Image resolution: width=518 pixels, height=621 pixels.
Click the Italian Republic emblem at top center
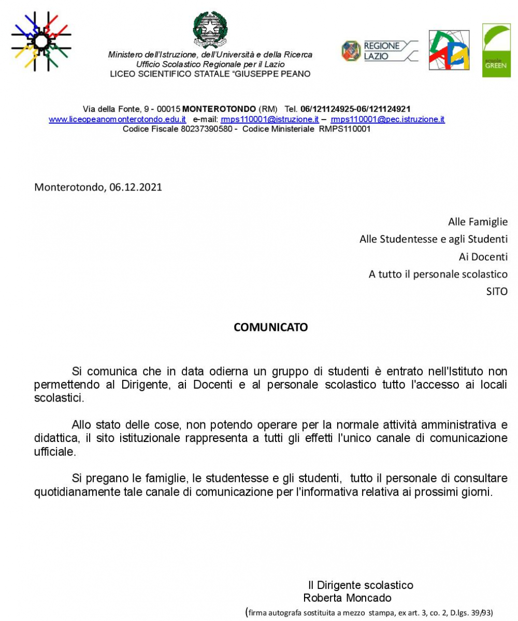pos(210,29)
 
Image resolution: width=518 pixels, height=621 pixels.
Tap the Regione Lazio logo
pos(379,51)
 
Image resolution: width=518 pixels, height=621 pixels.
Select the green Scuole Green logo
pos(496,50)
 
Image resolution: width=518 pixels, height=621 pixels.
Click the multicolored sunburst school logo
pos(41,42)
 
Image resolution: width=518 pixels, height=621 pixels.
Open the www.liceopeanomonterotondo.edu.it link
pos(118,120)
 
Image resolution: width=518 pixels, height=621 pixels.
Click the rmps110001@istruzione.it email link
pos(269,120)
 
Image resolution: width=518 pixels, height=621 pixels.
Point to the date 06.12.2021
pos(136,187)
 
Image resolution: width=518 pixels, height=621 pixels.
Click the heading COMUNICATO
pos(271,328)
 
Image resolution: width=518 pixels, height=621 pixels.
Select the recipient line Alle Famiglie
pos(478,222)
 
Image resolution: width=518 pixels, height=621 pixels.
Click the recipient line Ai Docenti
pos(483,257)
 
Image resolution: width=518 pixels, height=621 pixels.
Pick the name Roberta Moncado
pos(347,598)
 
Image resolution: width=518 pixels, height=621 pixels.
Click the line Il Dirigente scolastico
pos(361,585)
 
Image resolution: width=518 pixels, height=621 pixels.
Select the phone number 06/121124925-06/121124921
pos(355,109)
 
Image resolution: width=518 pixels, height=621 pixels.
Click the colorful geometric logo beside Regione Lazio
pos(449,50)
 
